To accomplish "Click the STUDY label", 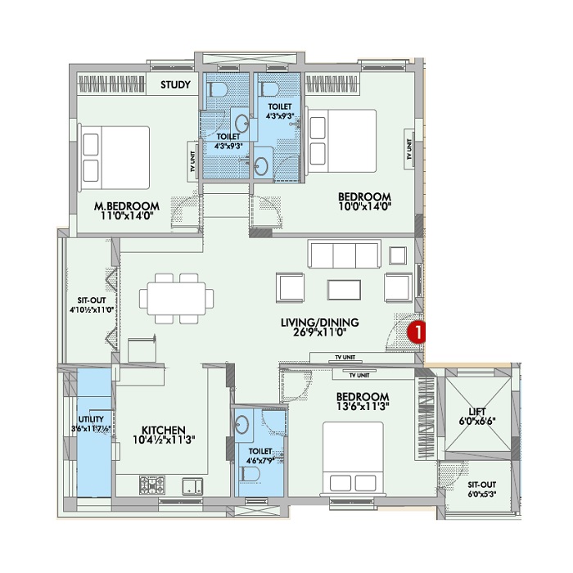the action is coord(175,85).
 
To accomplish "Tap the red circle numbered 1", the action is coord(416,332).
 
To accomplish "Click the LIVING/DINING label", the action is coord(320,323).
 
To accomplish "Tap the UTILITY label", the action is coord(91,419).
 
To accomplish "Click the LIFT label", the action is coord(477,412).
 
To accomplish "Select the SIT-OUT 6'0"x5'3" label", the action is coord(481,490).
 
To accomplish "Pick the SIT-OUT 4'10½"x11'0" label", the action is coord(92,305).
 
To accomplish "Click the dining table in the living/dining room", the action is coord(177,298).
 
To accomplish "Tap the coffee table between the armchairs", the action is coord(345,290).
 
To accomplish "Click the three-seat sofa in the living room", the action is coord(345,254).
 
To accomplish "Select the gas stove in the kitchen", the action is coord(152,485).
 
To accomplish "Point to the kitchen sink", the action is coord(192,486).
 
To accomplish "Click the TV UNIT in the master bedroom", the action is coord(192,161).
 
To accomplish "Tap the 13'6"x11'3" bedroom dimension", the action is coord(362,406).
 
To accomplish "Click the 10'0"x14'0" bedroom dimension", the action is coord(365,206).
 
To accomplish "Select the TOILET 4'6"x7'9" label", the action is coord(260,456).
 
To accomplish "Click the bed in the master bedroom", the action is coord(115,157).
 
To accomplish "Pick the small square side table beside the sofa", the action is coord(398,255).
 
